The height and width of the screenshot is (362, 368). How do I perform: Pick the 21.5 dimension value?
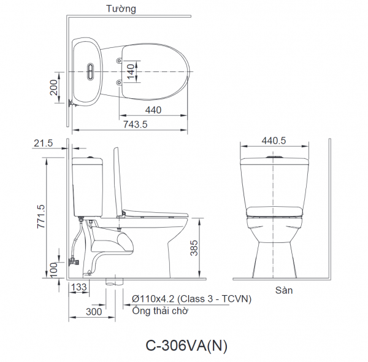tap(44, 143)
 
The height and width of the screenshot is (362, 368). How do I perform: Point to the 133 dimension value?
tap(78, 287)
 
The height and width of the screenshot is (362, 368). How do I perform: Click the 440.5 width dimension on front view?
tap(274, 140)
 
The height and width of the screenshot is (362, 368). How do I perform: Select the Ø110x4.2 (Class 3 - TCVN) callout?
tap(191, 299)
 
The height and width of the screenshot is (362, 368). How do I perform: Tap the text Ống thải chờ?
tap(160, 310)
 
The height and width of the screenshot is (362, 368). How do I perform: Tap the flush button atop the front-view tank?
tap(274, 157)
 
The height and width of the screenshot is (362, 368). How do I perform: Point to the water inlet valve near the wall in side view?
tap(75, 261)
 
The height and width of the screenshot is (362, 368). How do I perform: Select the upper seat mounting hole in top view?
tap(119, 62)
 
